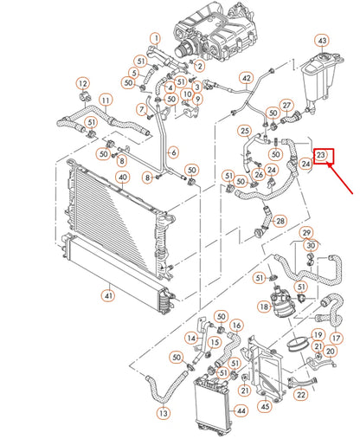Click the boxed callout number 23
[321, 156]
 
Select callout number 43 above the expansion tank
[321, 41]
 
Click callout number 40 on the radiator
[122, 179]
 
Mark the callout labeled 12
[83, 84]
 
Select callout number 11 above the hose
[105, 100]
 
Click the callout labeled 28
[280, 221]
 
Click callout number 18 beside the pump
[264, 307]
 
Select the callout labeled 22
[301, 394]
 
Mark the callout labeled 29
[305, 233]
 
